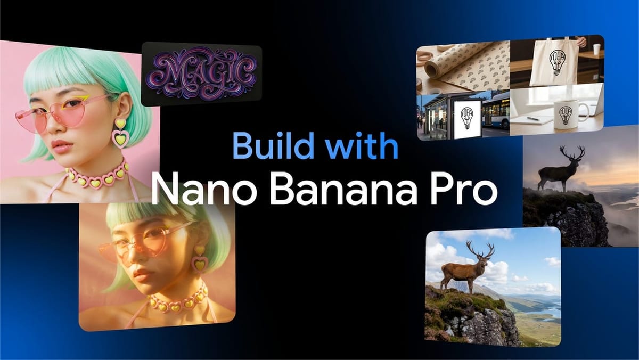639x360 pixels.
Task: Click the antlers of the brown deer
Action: click(479, 248)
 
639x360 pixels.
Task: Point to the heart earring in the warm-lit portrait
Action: click(200, 258)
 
